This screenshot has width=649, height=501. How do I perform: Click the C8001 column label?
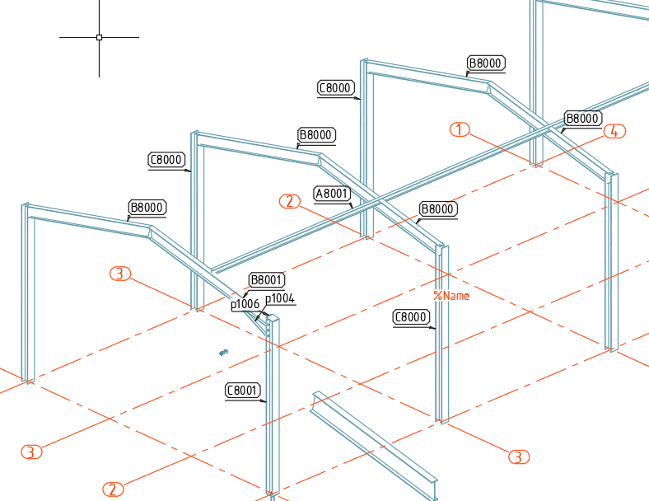242,390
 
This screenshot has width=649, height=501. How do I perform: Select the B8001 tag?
267,280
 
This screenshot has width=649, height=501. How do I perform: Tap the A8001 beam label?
332,194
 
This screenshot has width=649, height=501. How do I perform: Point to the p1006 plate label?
245,304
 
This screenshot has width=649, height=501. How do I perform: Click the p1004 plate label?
280,298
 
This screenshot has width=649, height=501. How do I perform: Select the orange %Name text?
451,296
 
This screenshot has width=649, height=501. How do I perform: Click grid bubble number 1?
460,129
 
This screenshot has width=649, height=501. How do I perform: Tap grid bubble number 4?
614,131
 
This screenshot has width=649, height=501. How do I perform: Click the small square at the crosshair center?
99,37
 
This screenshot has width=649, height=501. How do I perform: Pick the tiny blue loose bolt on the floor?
223,353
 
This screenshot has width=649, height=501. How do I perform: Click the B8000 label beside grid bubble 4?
582,119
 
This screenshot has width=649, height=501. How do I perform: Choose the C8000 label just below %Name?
411,317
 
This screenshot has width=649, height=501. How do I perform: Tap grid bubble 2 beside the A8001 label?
290,201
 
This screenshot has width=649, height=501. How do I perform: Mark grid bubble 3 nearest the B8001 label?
120,274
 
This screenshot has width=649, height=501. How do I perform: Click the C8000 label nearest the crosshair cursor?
166,159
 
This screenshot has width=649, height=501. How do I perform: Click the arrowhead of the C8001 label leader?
264,400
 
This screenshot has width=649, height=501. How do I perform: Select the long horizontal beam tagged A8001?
431,177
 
